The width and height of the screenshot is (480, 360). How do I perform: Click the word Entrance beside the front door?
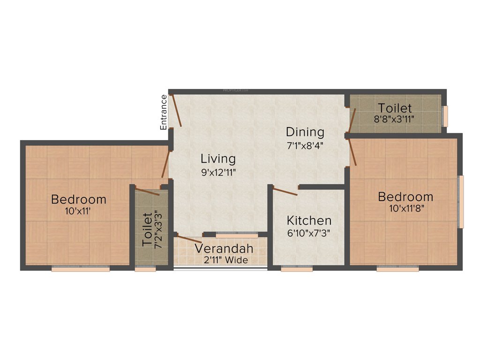click(164, 112)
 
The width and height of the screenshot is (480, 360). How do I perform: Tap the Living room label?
click(218, 158)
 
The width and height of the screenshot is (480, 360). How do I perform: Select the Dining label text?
click(305, 132)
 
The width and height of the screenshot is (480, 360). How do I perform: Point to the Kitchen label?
click(309, 220)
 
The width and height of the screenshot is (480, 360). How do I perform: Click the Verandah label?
click(224, 248)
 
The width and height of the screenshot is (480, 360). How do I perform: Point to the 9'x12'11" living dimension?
click(218, 172)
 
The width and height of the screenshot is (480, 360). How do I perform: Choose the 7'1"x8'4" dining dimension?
click(305, 145)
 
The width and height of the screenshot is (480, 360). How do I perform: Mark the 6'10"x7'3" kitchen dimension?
click(309, 233)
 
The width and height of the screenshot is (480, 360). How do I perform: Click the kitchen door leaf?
click(285, 191)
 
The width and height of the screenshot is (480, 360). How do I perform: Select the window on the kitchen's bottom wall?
click(296, 269)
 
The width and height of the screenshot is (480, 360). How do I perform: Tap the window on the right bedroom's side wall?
click(461, 202)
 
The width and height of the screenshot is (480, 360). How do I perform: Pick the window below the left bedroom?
click(80, 269)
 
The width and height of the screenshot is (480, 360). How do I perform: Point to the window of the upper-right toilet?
click(446, 116)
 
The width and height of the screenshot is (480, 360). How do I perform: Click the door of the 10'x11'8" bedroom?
click(352, 150)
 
